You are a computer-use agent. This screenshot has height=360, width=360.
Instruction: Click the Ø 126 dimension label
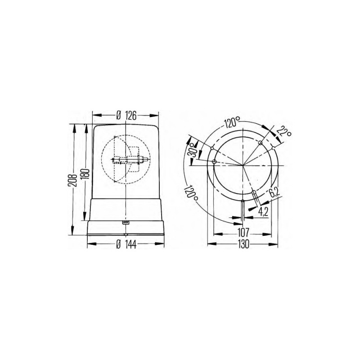click(126, 116)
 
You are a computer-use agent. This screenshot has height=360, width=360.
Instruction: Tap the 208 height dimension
click(72, 180)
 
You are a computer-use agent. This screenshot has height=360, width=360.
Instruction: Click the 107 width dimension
click(243, 233)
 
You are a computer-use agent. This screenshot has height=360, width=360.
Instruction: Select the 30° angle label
click(193, 149)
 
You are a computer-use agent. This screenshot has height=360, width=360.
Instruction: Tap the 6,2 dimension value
click(274, 192)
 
